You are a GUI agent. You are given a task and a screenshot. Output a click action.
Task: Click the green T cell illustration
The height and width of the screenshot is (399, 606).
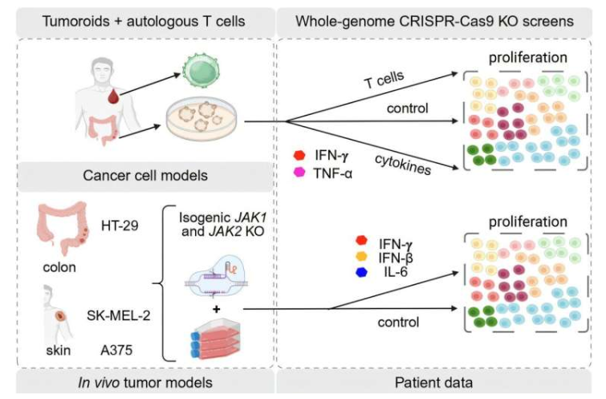pos(200,67)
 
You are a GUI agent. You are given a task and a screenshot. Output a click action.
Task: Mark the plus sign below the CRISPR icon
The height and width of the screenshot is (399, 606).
pos(214,307)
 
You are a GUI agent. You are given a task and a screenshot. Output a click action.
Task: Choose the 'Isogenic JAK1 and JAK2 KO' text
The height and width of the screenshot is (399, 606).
pos(221,220)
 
